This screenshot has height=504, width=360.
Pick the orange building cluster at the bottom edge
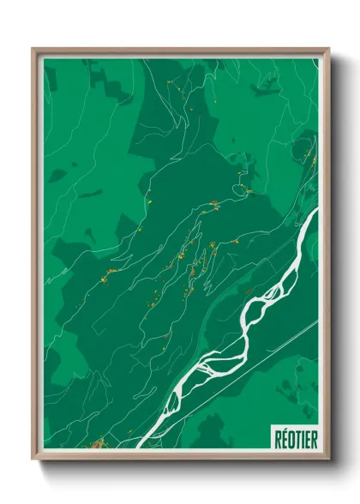[99, 444]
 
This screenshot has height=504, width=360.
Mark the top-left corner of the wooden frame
[33, 49]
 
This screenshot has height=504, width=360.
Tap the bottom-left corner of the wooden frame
[33, 460]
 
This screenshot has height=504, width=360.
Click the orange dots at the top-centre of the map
[171, 81]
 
